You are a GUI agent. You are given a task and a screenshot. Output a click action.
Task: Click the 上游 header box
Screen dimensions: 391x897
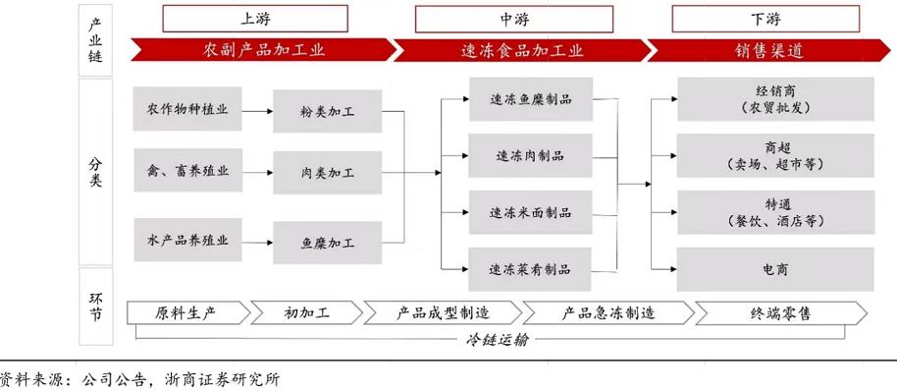click(254, 18)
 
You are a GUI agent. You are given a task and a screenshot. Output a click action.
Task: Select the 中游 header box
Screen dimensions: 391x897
click(508, 18)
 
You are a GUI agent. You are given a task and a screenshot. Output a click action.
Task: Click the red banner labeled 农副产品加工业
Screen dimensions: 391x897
click(261, 50)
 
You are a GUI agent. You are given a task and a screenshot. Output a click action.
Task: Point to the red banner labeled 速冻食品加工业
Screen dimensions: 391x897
click(520, 50)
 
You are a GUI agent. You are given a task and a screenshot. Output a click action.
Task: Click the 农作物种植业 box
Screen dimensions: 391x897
click(187, 110)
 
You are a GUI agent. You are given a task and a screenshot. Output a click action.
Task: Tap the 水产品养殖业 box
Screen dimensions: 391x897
click(187, 241)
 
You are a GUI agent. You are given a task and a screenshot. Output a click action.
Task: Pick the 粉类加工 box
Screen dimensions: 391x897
click(327, 111)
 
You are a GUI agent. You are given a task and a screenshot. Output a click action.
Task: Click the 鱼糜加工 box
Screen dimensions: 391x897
click(327, 242)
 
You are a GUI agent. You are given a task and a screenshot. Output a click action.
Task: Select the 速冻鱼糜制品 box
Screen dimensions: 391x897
click(531, 99)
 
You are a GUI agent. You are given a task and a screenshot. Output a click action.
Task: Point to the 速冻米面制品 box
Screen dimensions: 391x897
click(531, 212)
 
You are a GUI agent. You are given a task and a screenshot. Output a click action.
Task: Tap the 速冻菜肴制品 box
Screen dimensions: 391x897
click(531, 268)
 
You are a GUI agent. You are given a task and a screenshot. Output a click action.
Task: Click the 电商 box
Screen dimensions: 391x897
click(774, 268)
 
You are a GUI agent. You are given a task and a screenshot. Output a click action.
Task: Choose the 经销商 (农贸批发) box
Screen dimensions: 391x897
click(774, 99)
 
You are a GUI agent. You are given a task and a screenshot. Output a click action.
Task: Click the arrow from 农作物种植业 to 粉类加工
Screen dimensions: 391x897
click(257, 111)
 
